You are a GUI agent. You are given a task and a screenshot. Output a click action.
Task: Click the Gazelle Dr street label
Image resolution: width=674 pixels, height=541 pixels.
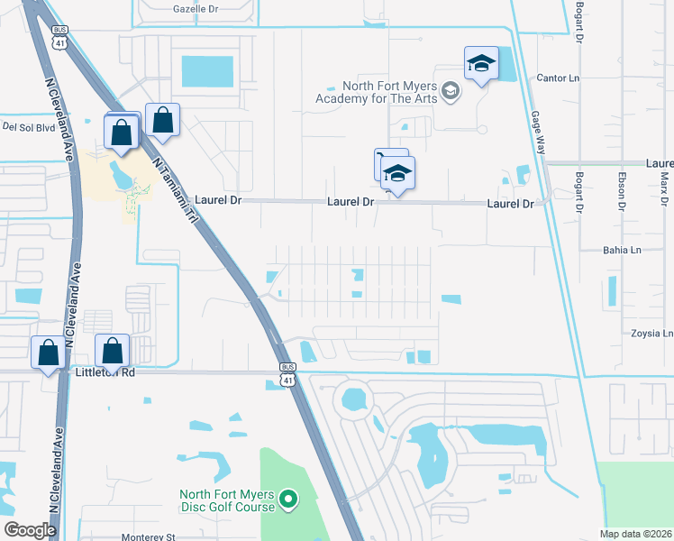[196, 8]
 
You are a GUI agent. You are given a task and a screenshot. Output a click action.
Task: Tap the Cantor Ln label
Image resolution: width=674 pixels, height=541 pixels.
[558, 78]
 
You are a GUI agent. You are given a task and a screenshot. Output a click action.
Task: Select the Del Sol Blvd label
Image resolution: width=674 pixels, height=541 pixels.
[30, 127]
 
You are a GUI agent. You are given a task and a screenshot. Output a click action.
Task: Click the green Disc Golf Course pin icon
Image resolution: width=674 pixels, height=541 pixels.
[288, 498]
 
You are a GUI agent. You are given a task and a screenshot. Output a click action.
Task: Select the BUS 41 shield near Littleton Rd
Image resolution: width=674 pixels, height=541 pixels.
[287, 373]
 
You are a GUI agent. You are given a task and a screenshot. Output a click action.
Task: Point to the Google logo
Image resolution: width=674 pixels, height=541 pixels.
[30, 530]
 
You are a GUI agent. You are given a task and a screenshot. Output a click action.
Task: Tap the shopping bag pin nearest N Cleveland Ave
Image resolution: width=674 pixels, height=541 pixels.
[47, 353]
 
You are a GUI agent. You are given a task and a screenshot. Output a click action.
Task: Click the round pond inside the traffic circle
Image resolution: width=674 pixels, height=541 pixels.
[355, 397]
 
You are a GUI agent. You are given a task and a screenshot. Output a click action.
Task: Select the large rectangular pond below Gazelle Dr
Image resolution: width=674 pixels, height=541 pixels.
[206, 69]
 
